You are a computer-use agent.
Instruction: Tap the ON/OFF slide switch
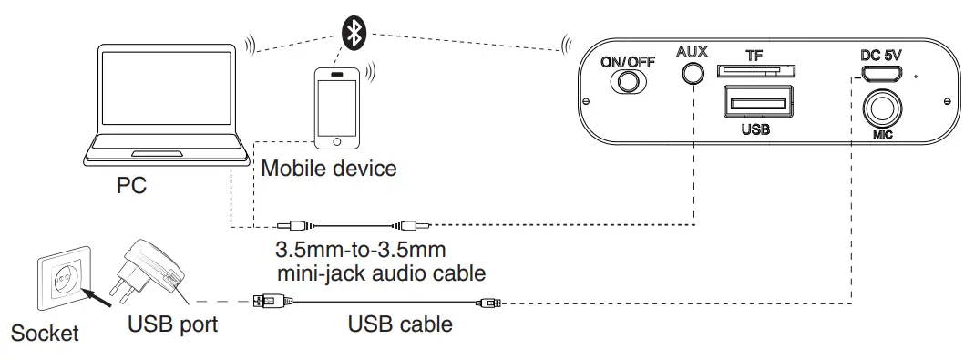tap(628, 83)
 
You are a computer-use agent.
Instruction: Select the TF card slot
tap(754, 71)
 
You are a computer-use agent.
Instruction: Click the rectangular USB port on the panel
tap(755, 101)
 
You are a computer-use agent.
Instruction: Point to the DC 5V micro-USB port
tap(881, 75)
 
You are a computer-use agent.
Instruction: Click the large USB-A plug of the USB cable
tap(272, 301)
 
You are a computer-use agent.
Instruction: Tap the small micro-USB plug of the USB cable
tap(489, 301)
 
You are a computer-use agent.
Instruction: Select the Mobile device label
tap(328, 169)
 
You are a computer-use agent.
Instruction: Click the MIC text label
tap(881, 138)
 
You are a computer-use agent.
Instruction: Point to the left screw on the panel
tap(589, 100)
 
